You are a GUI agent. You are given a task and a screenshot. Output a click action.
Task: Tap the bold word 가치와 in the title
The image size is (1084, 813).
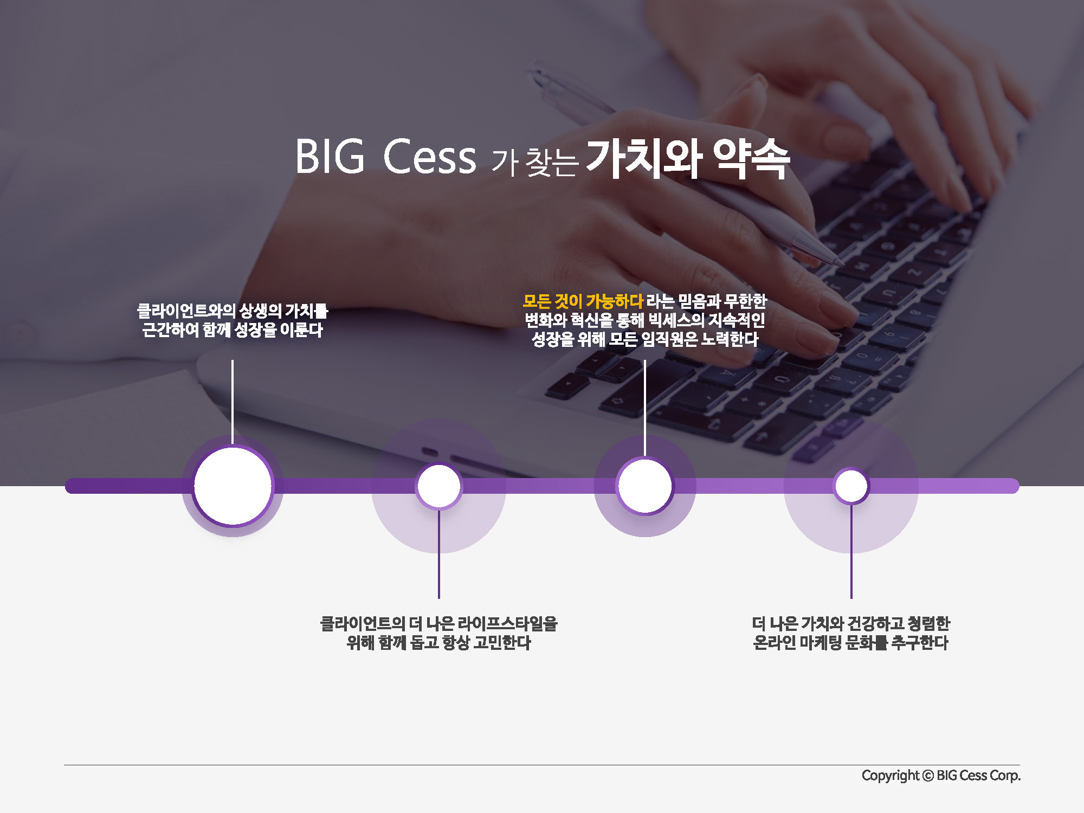click(644, 158)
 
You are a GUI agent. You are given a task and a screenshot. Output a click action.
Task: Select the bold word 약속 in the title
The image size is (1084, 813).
click(751, 158)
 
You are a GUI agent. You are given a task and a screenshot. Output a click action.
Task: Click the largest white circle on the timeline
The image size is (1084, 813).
click(233, 486)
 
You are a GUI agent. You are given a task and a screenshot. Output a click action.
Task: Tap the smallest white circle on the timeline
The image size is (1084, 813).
click(851, 486)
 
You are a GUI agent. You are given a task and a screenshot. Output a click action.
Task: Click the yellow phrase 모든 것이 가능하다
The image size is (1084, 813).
click(583, 301)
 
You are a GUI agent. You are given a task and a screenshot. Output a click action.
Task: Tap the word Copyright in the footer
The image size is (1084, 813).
click(891, 776)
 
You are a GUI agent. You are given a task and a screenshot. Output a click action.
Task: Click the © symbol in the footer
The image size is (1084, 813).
click(928, 776)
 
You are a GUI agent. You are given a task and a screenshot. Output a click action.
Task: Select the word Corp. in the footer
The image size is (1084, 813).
click(1005, 776)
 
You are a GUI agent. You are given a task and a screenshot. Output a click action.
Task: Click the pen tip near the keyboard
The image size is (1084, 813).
click(840, 263)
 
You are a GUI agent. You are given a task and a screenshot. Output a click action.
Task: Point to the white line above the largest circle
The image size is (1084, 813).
click(233, 402)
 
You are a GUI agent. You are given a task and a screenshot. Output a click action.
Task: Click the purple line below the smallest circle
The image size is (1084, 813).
click(851, 551)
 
